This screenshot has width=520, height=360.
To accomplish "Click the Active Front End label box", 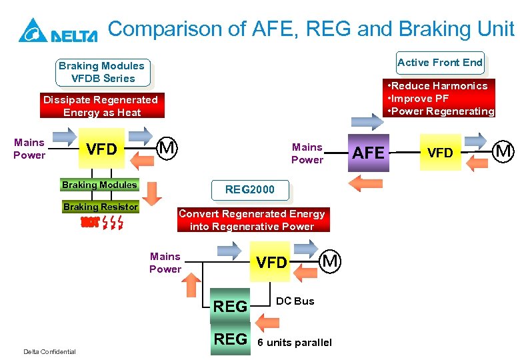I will coord(440,63).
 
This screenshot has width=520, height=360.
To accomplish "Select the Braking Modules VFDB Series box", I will coord(101,72).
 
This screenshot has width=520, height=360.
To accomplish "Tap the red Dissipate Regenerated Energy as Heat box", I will coord(101,106).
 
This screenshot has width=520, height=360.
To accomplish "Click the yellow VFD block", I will coord(101,149).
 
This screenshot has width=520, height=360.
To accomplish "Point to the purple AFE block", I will coord(369,153).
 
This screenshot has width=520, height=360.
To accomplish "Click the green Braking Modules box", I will coord(99,185).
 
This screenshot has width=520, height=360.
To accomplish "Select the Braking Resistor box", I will coord(101,207).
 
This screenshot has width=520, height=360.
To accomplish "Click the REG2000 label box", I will coord(249,190).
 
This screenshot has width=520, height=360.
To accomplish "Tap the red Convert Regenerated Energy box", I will coord(251,220).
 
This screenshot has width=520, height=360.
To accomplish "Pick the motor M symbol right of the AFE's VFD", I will coord(504,152).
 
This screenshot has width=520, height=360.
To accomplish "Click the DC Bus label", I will coord(295,301).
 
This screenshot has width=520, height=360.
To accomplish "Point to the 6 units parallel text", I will coord(294,343).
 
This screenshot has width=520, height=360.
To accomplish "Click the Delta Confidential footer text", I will coord(49,352).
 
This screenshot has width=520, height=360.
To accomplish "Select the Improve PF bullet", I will coord(420,99).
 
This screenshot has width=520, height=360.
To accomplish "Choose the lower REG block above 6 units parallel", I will coord(231,339).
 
